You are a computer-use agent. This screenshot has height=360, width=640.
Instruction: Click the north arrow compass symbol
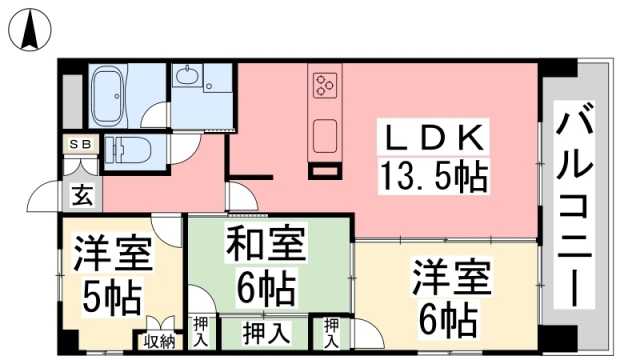tap(30, 30)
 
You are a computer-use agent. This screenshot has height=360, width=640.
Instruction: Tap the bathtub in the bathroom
tap(107, 96)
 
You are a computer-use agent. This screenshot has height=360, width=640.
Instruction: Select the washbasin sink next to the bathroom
tap(187, 76)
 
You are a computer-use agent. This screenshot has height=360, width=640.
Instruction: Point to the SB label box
tap(80, 144)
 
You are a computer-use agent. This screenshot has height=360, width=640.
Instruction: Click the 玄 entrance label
tap(82, 195)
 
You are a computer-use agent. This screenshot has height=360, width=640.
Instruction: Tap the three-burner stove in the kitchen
tap(325, 84)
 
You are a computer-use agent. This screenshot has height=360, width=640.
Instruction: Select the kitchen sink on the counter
tap(325, 136)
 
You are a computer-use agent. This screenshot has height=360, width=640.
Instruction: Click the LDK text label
tap(433, 138)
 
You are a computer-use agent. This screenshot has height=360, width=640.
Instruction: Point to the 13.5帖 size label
tap(433, 176)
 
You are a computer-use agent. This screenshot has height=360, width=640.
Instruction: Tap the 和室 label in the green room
tap(266, 244)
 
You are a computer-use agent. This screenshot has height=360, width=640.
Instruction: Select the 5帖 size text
tap(112, 296)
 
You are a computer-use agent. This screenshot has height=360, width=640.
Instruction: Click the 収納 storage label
tap(159, 341)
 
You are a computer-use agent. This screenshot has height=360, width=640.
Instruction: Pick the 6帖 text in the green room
tap(266, 288)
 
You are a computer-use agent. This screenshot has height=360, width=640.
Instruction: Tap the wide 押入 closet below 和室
tap(266, 333)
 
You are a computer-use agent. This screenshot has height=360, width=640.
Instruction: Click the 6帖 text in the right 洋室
tap(448, 319)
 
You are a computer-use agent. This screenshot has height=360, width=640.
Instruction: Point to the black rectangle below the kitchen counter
tap(325, 171)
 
